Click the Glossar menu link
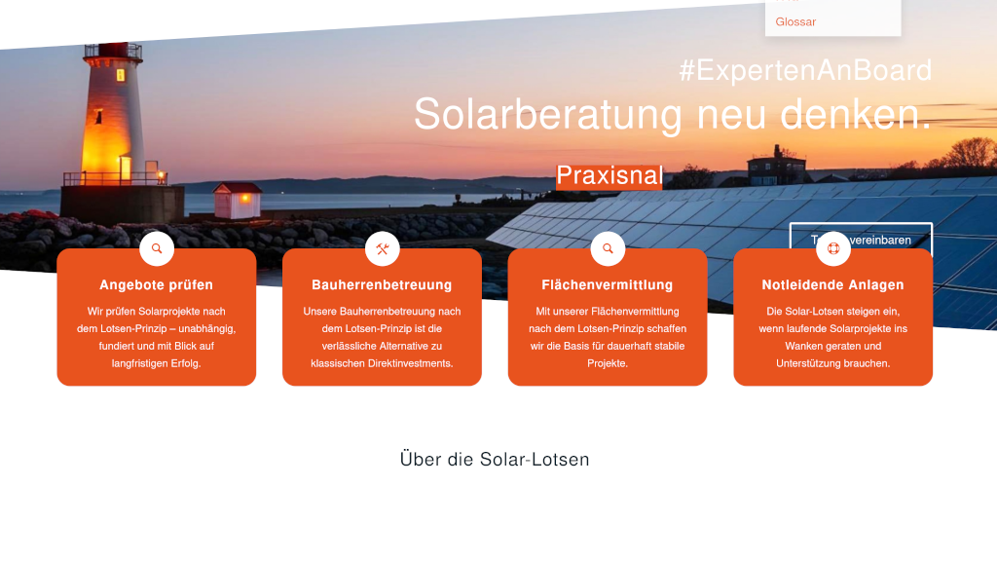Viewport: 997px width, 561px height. click(x=795, y=21)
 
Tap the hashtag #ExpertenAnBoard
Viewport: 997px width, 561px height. click(x=805, y=70)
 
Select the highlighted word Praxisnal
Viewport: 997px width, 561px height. click(x=609, y=175)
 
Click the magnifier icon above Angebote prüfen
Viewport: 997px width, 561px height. click(x=157, y=248)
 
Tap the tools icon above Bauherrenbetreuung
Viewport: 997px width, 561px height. click(x=383, y=248)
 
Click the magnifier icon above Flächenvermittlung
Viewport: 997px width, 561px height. click(x=608, y=248)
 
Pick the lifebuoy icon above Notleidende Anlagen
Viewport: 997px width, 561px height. click(x=833, y=248)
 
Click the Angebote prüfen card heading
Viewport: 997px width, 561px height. click(x=157, y=285)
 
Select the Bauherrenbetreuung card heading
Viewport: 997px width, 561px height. click(x=382, y=285)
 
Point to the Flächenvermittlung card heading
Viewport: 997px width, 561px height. click(x=608, y=285)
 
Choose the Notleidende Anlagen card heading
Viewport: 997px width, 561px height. click(x=832, y=285)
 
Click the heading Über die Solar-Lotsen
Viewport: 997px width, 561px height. click(x=495, y=460)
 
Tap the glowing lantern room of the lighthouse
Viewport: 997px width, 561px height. click(x=114, y=74)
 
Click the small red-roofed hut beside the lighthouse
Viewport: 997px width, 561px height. click(x=237, y=200)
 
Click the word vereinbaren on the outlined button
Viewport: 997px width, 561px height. click(x=878, y=240)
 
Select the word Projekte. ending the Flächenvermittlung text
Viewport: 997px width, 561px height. click(x=608, y=363)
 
